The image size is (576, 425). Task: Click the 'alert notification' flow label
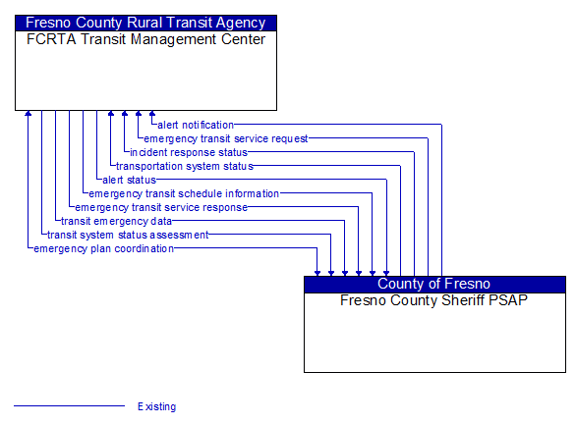click(x=195, y=125)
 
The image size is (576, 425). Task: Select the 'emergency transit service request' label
click(x=226, y=138)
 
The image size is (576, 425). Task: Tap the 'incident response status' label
click(x=189, y=152)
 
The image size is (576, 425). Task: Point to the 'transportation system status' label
click(x=185, y=166)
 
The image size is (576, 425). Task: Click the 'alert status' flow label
click(x=129, y=180)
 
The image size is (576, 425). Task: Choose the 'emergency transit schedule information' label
click(x=184, y=193)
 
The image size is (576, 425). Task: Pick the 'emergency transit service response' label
click(x=161, y=207)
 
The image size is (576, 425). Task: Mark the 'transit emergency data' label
click(x=116, y=221)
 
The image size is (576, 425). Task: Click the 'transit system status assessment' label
click(x=128, y=235)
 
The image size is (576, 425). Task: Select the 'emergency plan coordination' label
click(x=103, y=248)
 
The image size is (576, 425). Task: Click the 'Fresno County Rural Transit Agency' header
click(x=145, y=23)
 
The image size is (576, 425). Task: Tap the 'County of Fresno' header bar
click(x=434, y=285)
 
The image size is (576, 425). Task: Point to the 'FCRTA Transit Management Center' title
click(x=145, y=39)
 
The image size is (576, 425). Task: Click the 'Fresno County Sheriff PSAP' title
click(x=434, y=300)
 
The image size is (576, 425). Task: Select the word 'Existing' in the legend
click(x=157, y=406)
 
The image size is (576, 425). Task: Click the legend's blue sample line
click(x=69, y=405)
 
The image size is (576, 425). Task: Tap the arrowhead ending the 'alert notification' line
click(x=152, y=114)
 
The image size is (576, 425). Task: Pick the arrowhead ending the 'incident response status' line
click(x=125, y=114)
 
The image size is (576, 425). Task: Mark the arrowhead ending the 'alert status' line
click(x=97, y=114)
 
